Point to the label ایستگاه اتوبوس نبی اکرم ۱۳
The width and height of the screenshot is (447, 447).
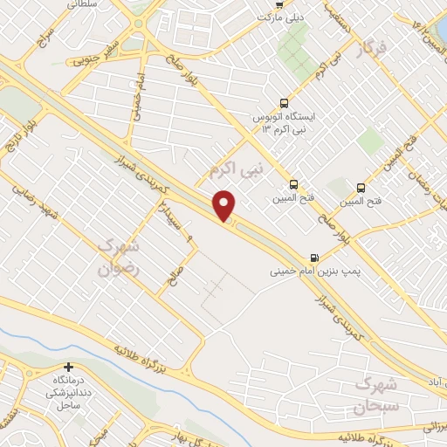pos(283,122)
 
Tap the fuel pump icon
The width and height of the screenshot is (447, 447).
pos(314,258)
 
